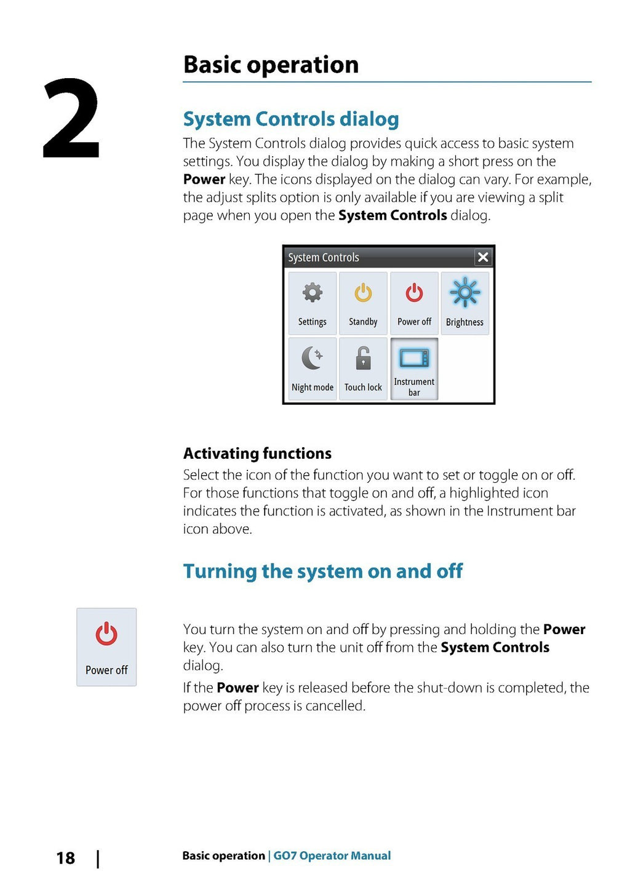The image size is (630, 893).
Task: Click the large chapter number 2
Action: pyautogui.click(x=71, y=118)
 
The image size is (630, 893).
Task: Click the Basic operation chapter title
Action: pyautogui.click(x=271, y=65)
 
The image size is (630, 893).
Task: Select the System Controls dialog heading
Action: pyautogui.click(x=291, y=119)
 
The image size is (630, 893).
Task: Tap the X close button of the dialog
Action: pyautogui.click(x=483, y=257)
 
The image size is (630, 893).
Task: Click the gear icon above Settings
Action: pyautogui.click(x=313, y=293)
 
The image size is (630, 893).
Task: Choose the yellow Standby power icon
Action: pyautogui.click(x=363, y=293)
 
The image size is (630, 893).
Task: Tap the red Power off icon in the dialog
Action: pyautogui.click(x=414, y=293)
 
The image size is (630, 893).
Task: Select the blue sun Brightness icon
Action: pyautogui.click(x=465, y=292)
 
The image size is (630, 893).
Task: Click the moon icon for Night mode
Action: pyautogui.click(x=312, y=358)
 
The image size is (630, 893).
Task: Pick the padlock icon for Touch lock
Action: pyautogui.click(x=364, y=358)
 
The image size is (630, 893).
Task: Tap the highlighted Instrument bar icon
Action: pyautogui.click(x=414, y=358)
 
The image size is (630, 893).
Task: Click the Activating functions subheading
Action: pyautogui.click(x=257, y=453)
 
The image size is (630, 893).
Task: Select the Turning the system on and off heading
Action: pyautogui.click(x=323, y=571)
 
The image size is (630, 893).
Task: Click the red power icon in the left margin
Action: pyautogui.click(x=106, y=633)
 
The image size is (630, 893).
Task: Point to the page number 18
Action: pyautogui.click(x=65, y=858)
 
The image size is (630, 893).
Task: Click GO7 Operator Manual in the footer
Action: pyautogui.click(x=332, y=855)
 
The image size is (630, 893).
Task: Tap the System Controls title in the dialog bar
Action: pyautogui.click(x=324, y=258)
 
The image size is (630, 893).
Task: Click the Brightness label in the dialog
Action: pyautogui.click(x=465, y=322)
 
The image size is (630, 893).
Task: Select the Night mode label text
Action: pyautogui.click(x=313, y=387)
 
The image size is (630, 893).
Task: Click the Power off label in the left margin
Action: pyautogui.click(x=106, y=670)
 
